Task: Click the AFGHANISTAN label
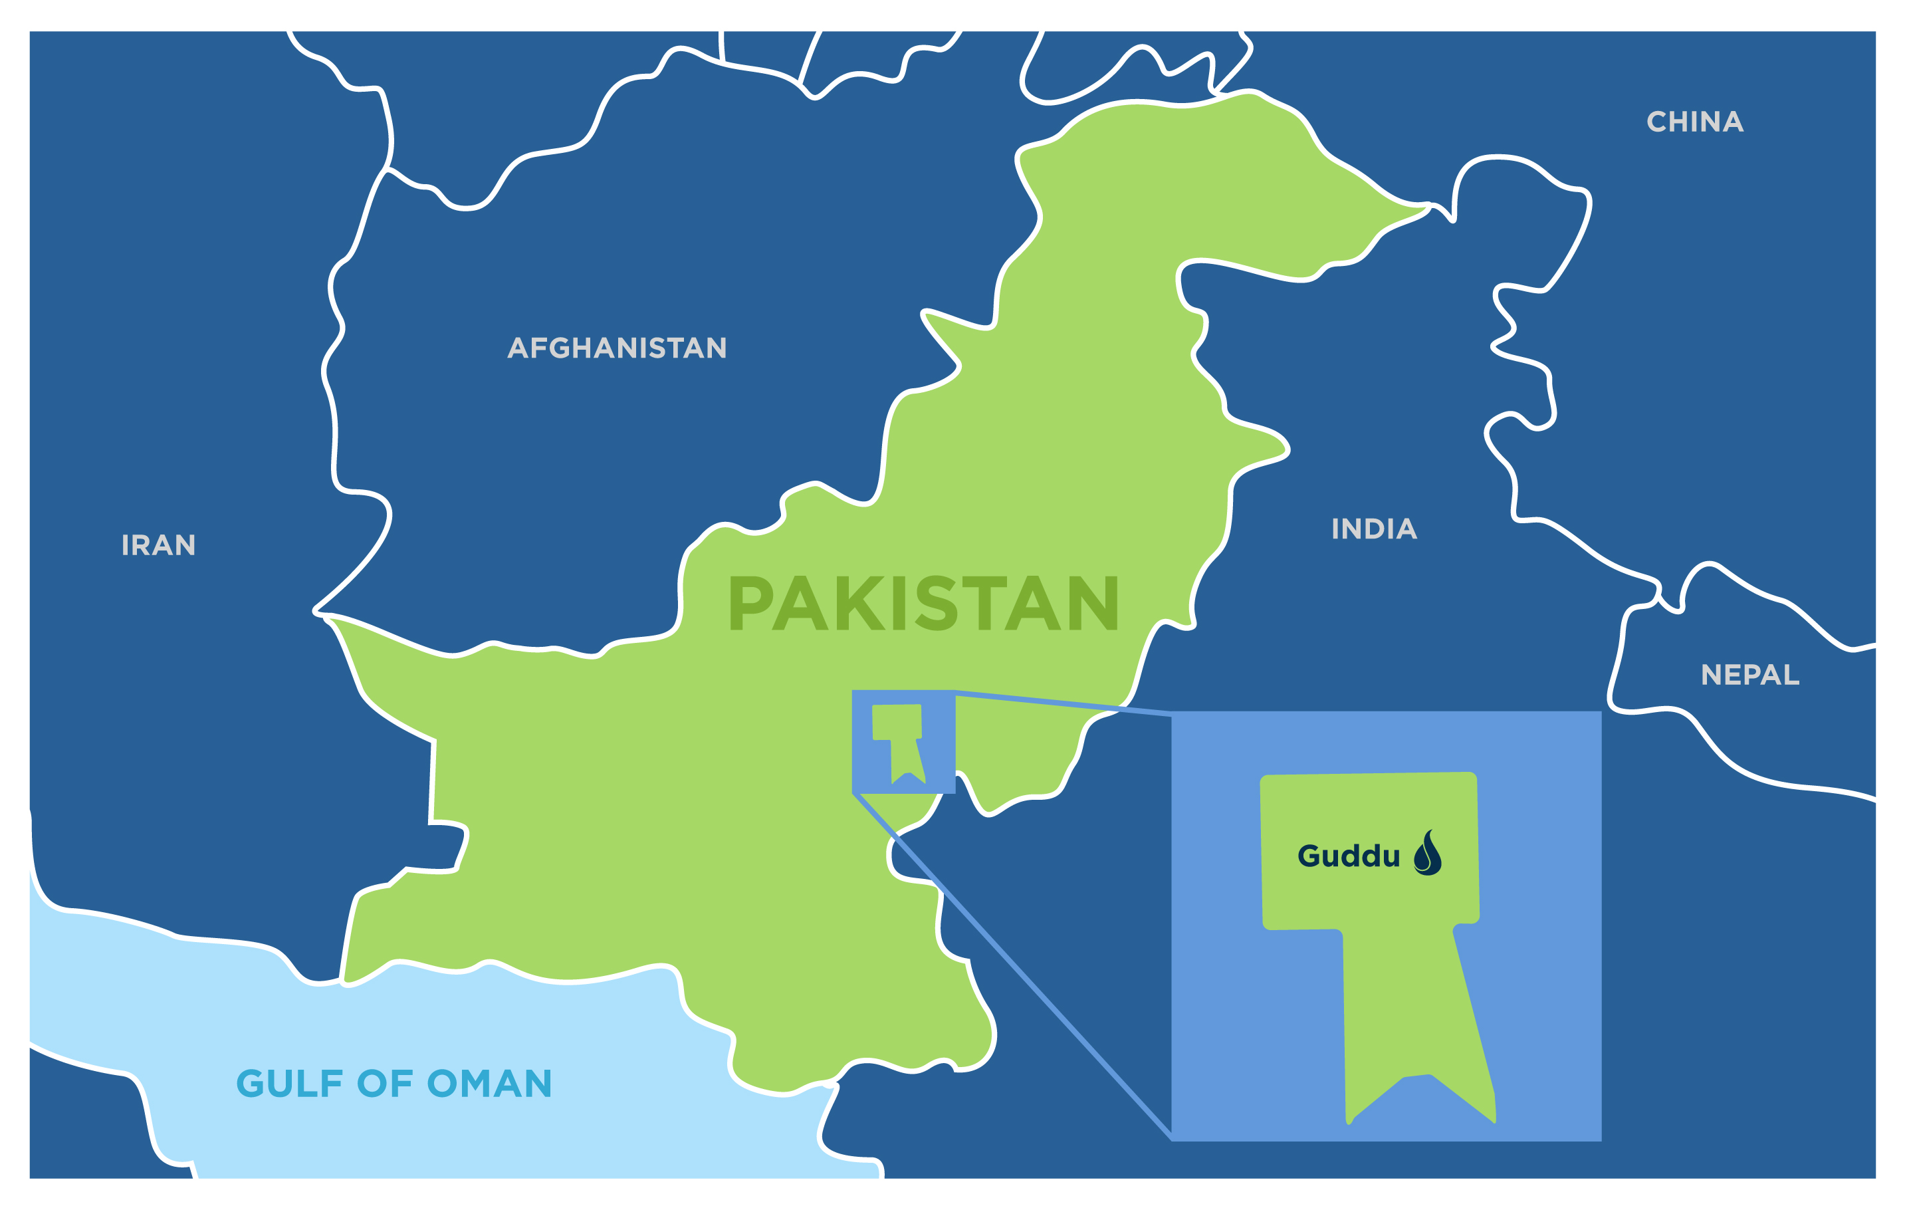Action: coord(617,348)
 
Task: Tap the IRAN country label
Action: coord(158,545)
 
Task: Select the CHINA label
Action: coord(1695,122)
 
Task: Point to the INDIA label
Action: coord(1374,529)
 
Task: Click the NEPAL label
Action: coord(1750,675)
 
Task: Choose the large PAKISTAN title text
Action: coord(923,604)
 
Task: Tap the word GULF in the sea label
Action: coord(289,1084)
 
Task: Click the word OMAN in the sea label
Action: coord(489,1084)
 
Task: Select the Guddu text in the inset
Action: coord(1349,856)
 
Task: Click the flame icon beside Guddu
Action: coord(1427,853)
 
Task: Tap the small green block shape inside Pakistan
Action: coord(899,737)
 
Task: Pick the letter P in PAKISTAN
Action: coord(750,604)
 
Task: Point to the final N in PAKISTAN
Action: coord(1093,604)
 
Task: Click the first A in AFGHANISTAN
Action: coord(518,348)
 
